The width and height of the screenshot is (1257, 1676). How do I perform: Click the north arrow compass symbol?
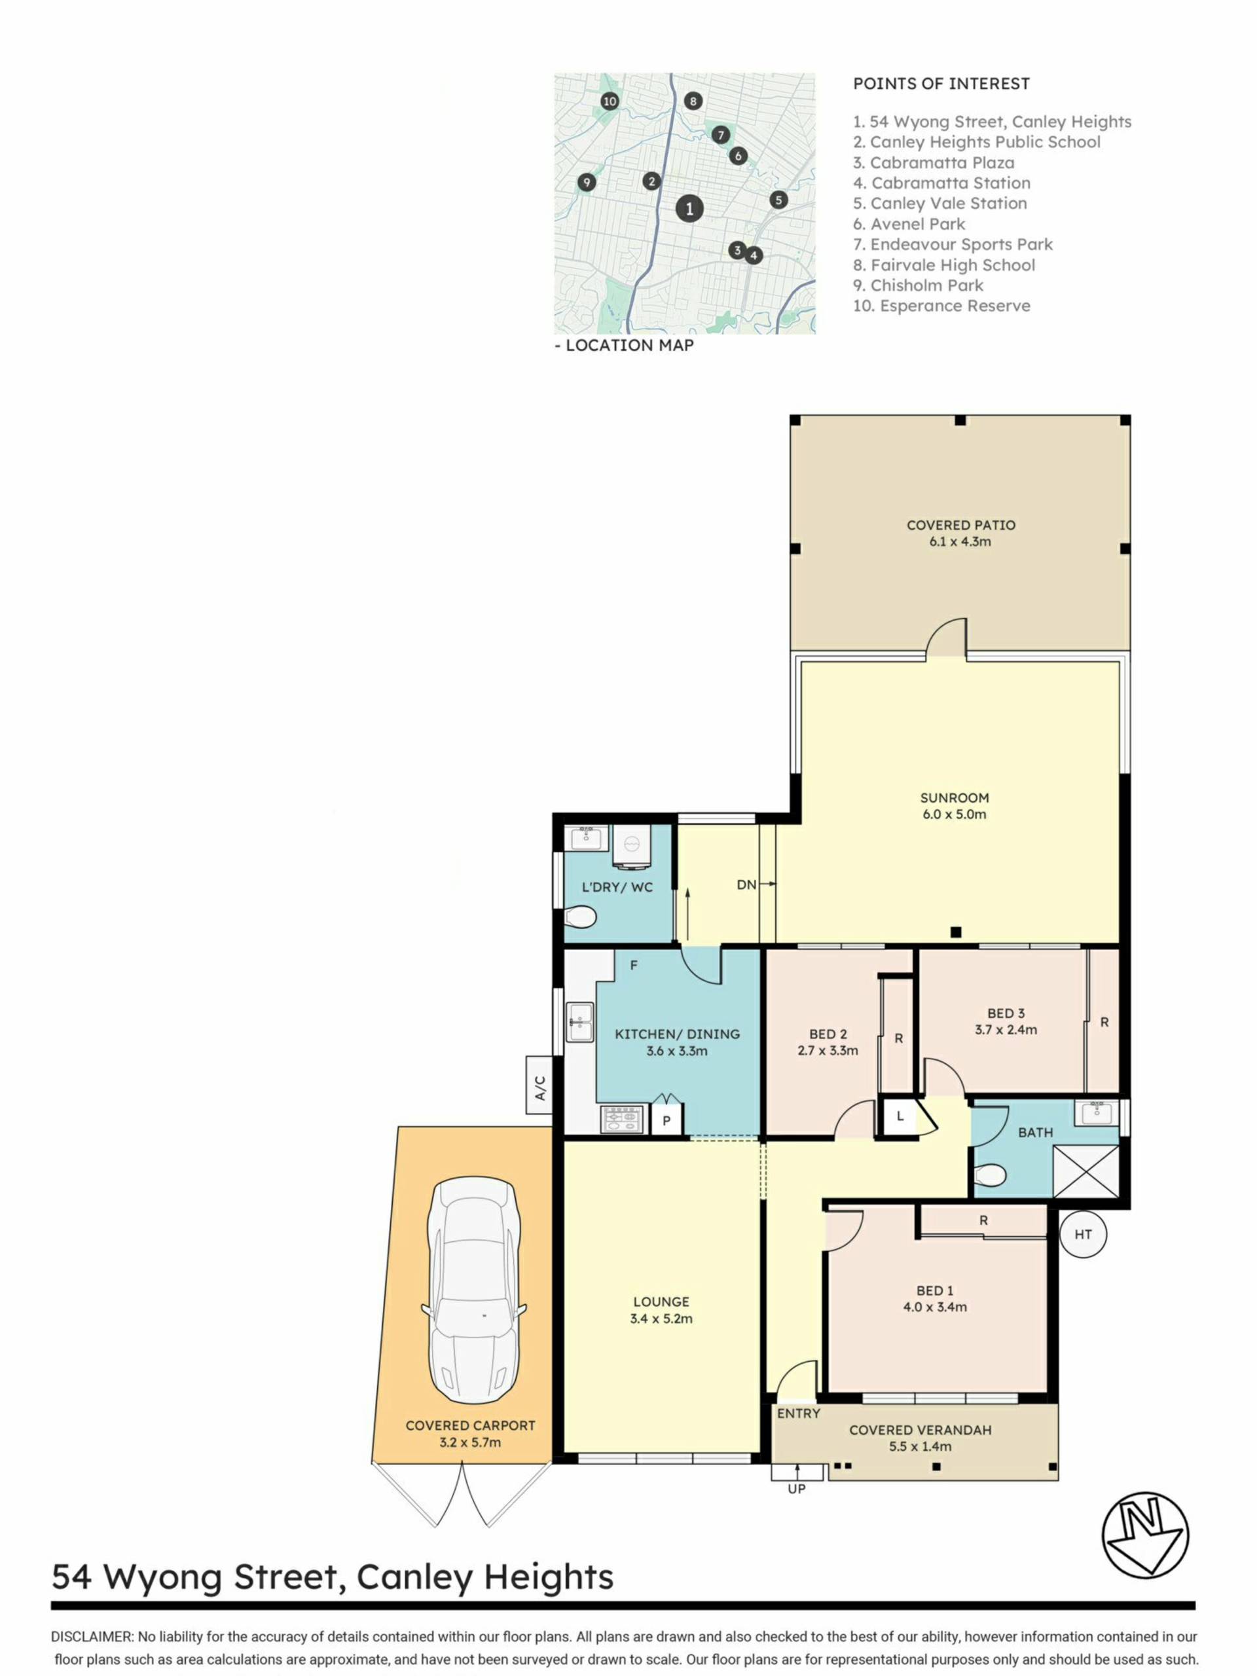click(x=1145, y=1535)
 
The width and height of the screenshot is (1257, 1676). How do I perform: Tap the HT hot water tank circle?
click(x=1083, y=1234)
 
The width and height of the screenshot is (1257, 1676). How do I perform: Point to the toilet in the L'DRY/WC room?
click(x=581, y=918)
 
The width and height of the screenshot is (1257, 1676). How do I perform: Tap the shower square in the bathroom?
click(x=1085, y=1171)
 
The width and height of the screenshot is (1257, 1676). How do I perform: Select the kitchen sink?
click(x=581, y=1021)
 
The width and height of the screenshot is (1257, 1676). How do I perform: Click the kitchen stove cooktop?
click(x=622, y=1119)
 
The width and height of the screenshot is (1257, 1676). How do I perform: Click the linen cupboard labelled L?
click(x=900, y=1116)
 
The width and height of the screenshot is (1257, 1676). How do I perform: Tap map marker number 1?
click(x=689, y=208)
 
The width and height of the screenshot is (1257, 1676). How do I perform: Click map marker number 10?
click(x=610, y=101)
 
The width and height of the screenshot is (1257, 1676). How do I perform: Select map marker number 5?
click(x=778, y=200)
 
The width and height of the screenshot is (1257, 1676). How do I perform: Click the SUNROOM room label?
click(x=954, y=798)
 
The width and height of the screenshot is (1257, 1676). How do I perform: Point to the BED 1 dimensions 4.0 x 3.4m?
click(x=935, y=1307)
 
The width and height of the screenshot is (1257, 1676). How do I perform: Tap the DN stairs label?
click(x=746, y=884)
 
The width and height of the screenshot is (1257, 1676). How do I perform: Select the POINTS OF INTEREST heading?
click(x=941, y=84)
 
